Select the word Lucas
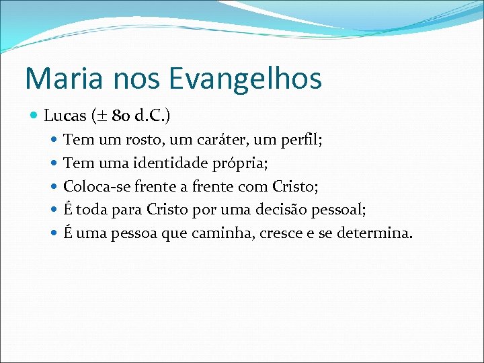pos(65,116)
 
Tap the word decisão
pos(274,210)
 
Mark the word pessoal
pos(338,210)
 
